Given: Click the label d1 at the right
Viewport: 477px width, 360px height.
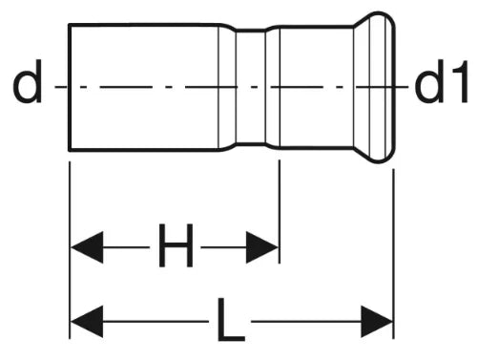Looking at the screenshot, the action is coord(442,82).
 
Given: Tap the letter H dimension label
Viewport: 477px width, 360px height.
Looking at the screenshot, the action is coord(176,245).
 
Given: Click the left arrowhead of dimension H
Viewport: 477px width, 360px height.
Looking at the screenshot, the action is coord(87,247).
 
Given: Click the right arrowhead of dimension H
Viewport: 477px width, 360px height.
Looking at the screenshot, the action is coord(262,247).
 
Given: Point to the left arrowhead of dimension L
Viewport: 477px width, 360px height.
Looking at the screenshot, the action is coord(87,322).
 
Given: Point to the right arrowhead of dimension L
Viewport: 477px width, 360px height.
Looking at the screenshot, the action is coord(377,322).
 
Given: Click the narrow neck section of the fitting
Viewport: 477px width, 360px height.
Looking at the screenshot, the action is coord(251,87).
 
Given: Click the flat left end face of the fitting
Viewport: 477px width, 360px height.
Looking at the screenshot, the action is coord(69,87).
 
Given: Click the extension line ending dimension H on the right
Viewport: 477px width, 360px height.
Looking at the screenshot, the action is coord(280,212).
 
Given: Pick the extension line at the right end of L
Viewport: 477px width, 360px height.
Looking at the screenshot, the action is coord(393,254).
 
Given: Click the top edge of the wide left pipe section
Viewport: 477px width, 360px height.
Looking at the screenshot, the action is coord(144,25).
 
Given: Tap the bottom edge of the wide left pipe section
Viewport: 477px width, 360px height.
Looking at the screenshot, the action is coord(144,150).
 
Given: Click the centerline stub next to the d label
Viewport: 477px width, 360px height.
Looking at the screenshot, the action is coord(60,87).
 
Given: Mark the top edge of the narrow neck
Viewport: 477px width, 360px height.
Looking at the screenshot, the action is coord(251,30).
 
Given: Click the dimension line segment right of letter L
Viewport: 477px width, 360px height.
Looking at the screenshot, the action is coord(306,322).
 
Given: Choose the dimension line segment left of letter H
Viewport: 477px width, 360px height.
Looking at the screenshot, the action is coord(126,247).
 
